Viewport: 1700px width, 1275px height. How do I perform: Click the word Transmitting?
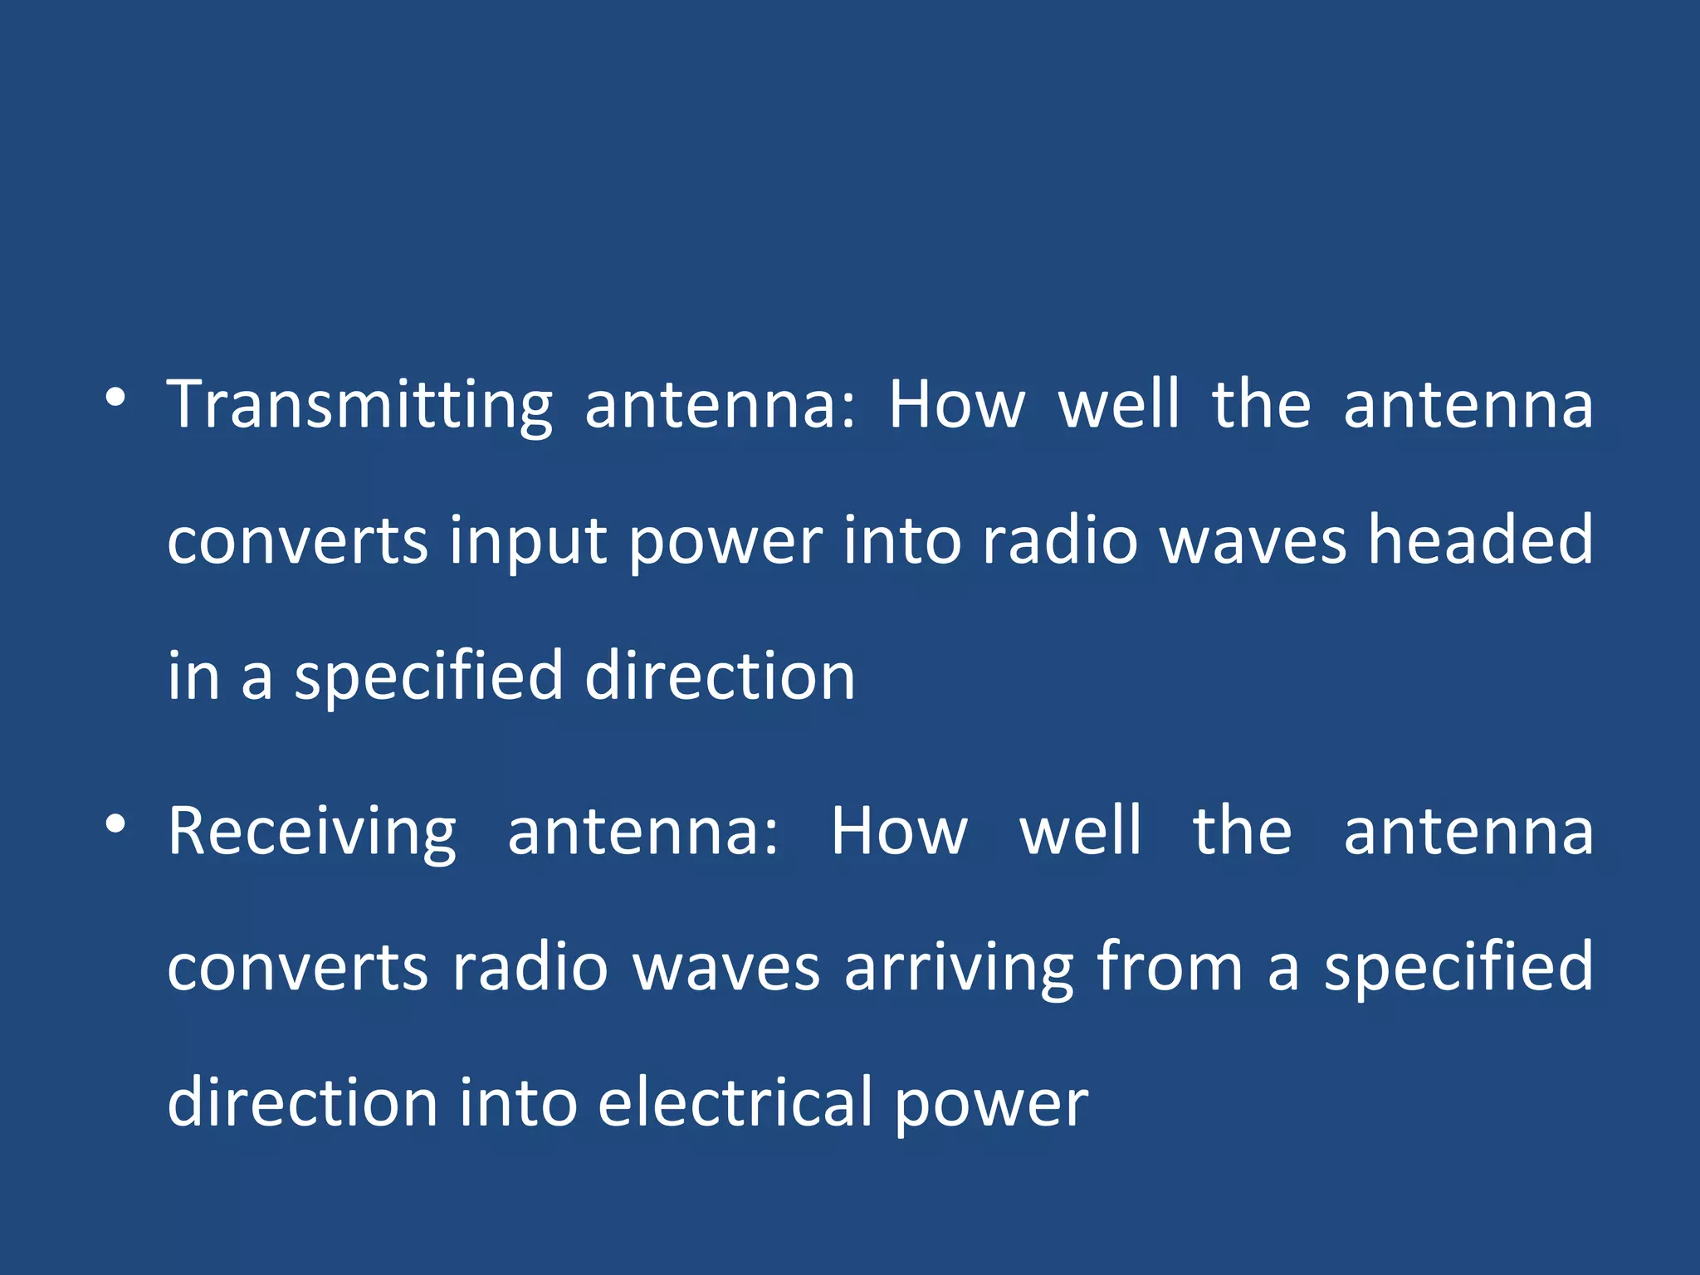(x=359, y=407)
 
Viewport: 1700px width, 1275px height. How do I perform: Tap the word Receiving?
(x=312, y=833)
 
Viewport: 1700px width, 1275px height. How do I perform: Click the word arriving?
(x=958, y=969)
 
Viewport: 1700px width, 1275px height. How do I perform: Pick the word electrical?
(x=735, y=1102)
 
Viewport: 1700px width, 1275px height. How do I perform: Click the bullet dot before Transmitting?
(x=116, y=398)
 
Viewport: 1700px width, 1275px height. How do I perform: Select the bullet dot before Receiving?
(x=116, y=823)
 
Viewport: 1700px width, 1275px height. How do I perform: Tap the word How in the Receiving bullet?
(x=899, y=832)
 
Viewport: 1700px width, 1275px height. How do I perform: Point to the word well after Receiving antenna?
(x=1080, y=832)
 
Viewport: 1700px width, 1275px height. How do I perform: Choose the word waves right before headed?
(x=1253, y=542)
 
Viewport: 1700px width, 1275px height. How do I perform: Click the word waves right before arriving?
(x=726, y=969)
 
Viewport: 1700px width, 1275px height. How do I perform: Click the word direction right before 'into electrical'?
(x=302, y=1102)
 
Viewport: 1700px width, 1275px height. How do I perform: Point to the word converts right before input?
(x=297, y=542)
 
